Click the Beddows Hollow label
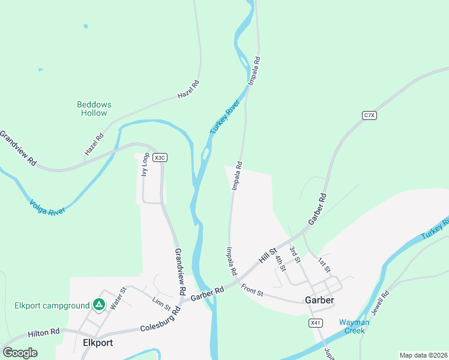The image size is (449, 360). pyautogui.click(x=94, y=109)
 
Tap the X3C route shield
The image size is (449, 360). pyautogui.click(x=159, y=158)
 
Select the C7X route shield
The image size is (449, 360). pyautogui.click(x=369, y=115)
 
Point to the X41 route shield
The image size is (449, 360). pyautogui.click(x=316, y=323)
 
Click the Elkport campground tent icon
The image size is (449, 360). pyautogui.click(x=99, y=305)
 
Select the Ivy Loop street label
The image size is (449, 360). pyautogui.click(x=145, y=164)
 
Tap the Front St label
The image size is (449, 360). pyautogui.click(x=253, y=289)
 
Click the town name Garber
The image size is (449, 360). pyautogui.click(x=319, y=300)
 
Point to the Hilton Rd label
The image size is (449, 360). pyautogui.click(x=44, y=331)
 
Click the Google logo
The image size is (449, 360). pyautogui.click(x=20, y=353)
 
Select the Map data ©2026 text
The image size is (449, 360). pyautogui.click(x=423, y=355)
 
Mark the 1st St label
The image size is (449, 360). pyautogui.click(x=324, y=265)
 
